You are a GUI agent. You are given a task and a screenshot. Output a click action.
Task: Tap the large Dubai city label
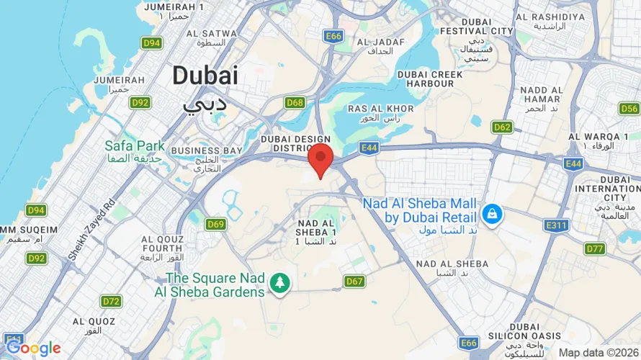[x=205, y=75]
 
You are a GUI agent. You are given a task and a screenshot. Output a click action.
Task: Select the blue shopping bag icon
[x=493, y=214]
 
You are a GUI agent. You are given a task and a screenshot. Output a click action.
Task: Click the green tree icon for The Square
[x=279, y=283]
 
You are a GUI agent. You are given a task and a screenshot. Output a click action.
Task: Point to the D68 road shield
[x=295, y=103]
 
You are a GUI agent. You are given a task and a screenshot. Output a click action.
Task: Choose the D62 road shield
[x=502, y=127]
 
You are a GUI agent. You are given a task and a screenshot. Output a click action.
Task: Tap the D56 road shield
[x=629, y=109]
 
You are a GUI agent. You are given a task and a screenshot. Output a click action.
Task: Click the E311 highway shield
[x=557, y=225]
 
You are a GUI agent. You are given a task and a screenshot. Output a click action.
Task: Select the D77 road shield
[x=595, y=249]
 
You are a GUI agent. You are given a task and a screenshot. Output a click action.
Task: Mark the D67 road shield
[x=354, y=281]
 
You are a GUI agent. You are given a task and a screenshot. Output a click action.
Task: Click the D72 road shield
[x=112, y=301]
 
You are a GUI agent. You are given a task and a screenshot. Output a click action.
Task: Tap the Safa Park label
[x=135, y=146]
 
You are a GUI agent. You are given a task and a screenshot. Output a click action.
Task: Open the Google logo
[x=34, y=348]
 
